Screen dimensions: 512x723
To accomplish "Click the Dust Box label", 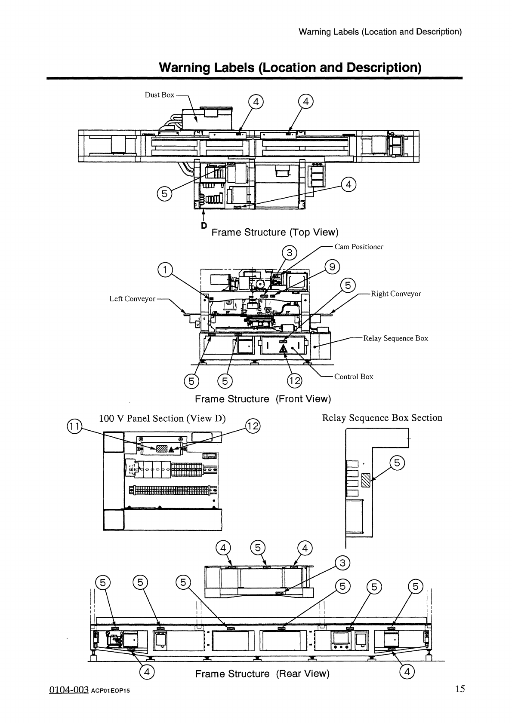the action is (x=159, y=95).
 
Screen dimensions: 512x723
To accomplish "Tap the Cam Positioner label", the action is (x=359, y=247).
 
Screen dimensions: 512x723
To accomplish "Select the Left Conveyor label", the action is (x=133, y=299).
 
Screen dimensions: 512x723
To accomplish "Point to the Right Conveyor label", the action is (x=396, y=294).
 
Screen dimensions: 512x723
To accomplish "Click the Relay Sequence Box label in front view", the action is (x=396, y=338).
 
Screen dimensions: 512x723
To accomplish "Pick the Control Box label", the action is (x=354, y=377).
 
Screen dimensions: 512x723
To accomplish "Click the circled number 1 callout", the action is (x=165, y=270).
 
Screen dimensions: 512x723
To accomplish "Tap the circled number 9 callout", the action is (x=332, y=267).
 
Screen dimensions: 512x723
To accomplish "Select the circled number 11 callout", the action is (x=74, y=426).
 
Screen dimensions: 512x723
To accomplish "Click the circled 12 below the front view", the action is (x=295, y=381).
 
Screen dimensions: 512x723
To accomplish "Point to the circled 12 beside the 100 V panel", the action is (x=253, y=426).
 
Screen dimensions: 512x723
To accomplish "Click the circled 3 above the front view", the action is (x=290, y=253).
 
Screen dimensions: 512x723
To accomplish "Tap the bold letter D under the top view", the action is (x=204, y=225).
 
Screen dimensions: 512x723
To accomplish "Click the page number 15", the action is (x=460, y=689).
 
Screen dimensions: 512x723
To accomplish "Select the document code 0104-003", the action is (x=69, y=690).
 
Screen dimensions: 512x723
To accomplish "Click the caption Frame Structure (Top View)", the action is (x=275, y=233).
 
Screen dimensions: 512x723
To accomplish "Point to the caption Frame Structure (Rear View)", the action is (x=262, y=674).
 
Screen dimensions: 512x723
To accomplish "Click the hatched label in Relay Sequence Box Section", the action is (x=366, y=480).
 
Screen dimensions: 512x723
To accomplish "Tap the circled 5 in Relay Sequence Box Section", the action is (x=397, y=463).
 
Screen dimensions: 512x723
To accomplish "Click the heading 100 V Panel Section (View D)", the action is (x=162, y=419).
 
